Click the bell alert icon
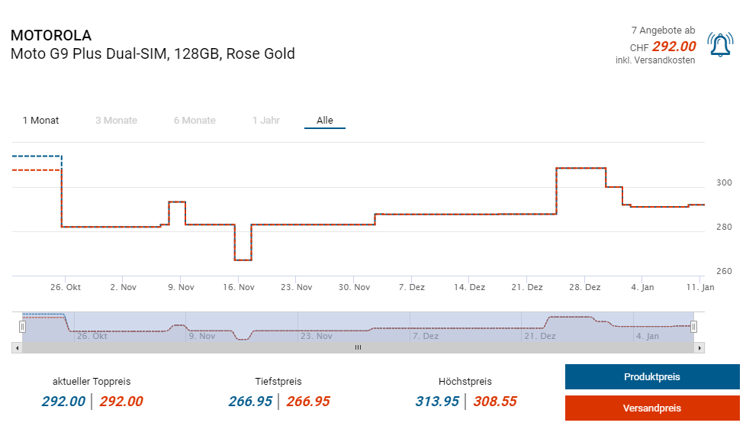pos(720,44)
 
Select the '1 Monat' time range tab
pos(40,121)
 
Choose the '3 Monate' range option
pos(116,121)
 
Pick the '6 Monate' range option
pos(195,121)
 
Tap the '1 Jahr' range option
pos(266,121)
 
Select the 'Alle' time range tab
pos(325,121)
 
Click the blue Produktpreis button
pos(651,377)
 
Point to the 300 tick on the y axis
pos(724,183)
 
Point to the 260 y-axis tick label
pos(724,271)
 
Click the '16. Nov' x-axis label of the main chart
pos(239,288)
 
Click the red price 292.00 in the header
pos(674,46)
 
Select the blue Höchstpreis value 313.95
pos(437,402)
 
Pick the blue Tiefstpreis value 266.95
pos(250,402)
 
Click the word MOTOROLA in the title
pos(50,36)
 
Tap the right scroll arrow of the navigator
pos(700,347)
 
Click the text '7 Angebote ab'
pos(663,31)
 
